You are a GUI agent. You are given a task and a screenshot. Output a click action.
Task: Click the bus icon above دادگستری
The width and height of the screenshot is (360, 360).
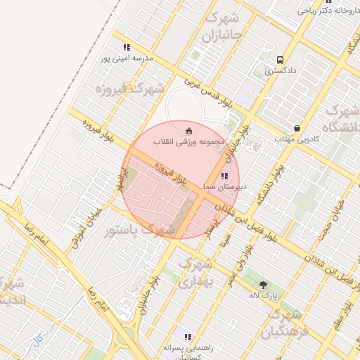281,60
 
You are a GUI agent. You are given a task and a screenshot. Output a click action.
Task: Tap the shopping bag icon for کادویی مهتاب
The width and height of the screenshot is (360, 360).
298,129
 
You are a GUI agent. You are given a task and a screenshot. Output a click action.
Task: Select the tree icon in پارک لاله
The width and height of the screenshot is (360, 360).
264,285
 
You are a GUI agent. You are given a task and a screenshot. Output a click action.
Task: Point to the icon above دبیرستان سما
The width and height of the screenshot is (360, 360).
224,176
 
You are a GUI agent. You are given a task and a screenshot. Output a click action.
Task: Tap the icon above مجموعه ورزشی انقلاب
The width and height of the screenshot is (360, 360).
188,131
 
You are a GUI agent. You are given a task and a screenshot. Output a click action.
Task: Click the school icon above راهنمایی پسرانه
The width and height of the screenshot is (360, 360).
188,337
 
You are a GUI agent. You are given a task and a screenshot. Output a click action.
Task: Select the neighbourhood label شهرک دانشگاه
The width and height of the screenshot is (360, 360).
342,120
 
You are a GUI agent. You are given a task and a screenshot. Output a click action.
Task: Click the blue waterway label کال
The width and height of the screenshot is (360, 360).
37,340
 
